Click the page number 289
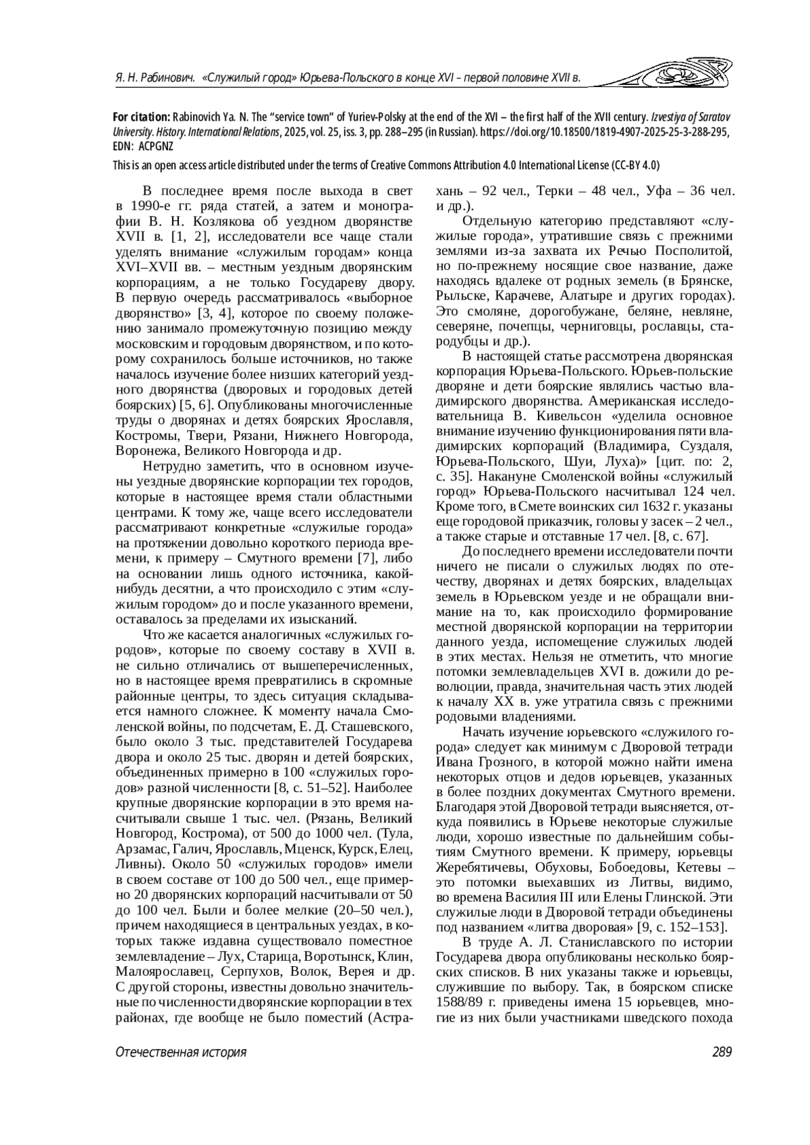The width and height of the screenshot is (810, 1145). (x=722, y=1052)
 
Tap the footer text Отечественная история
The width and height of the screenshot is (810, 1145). (x=181, y=1052)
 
